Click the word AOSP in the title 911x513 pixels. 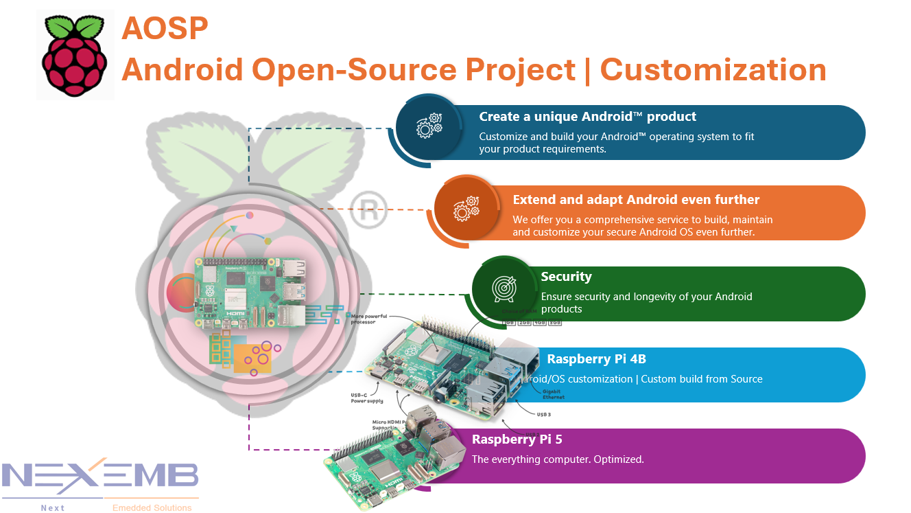[x=165, y=29]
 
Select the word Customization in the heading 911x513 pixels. [x=713, y=69]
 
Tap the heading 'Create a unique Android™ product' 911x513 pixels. [x=587, y=117]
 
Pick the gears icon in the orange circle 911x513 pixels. [x=466, y=209]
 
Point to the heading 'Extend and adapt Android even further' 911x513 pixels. [x=636, y=200]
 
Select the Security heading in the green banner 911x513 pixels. [x=566, y=277]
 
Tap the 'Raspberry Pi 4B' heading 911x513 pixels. [x=596, y=359]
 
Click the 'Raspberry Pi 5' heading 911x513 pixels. [x=517, y=440]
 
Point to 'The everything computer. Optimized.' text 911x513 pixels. [x=557, y=459]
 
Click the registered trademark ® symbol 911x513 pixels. [x=368, y=209]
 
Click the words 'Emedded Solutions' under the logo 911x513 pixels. [x=152, y=508]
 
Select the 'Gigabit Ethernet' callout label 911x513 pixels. [x=554, y=394]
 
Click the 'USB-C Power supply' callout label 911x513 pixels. [x=367, y=398]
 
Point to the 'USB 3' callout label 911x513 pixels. [x=543, y=414]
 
